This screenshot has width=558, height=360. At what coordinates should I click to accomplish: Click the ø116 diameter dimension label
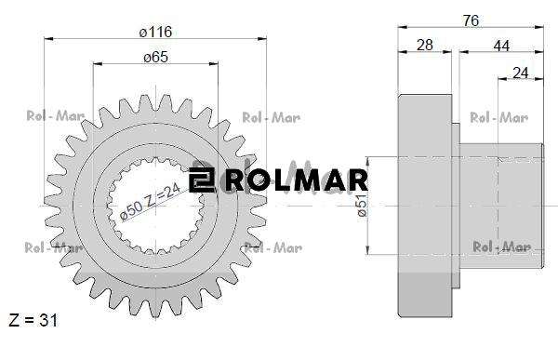pyautogui.click(x=156, y=32)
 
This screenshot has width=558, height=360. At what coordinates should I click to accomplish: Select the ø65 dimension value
pyautogui.click(x=156, y=57)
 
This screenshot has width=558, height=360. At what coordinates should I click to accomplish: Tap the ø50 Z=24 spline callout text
pyautogui.click(x=150, y=202)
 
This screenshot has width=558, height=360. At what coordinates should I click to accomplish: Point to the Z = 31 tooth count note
pyautogui.click(x=33, y=320)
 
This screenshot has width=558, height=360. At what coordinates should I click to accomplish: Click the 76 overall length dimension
pyautogui.click(x=471, y=20)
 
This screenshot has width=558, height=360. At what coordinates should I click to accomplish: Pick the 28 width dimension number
pyautogui.click(x=425, y=46)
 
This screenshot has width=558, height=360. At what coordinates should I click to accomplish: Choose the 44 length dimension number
pyautogui.click(x=501, y=46)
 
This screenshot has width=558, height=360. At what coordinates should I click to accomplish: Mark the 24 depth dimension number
pyautogui.click(x=521, y=73)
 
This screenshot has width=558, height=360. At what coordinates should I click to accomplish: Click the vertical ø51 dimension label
pyautogui.click(x=362, y=206)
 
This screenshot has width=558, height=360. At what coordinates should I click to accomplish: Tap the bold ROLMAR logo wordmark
pyautogui.click(x=297, y=180)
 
